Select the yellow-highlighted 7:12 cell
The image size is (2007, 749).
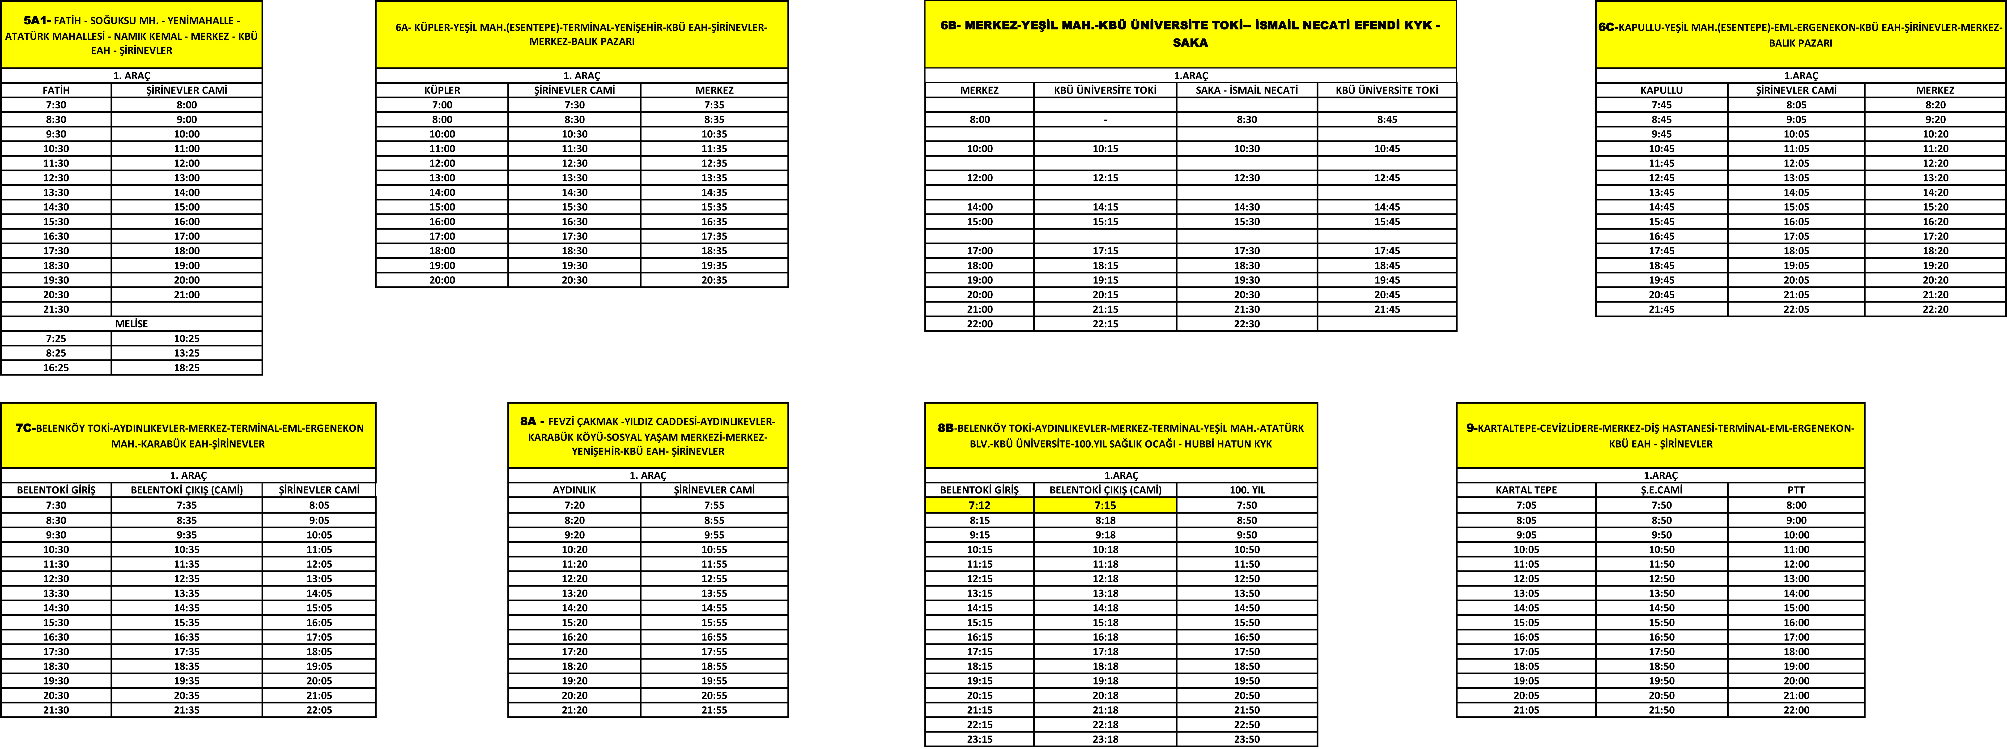click(979, 505)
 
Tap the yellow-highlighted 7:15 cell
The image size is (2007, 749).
click(1105, 505)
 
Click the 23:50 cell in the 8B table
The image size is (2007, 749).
click(1247, 739)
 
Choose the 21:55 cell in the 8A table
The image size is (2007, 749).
click(714, 710)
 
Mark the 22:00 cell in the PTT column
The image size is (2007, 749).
click(1796, 710)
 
